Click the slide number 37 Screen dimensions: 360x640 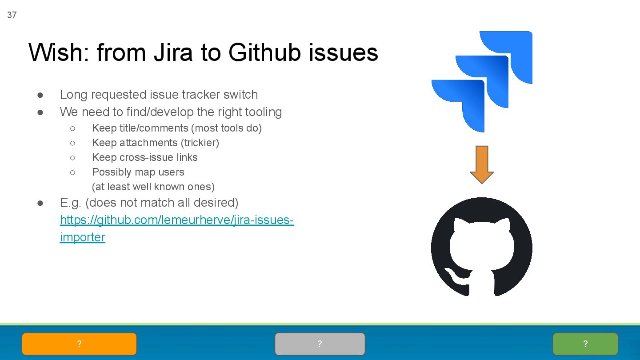[x=12, y=15]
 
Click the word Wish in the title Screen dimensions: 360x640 [x=56, y=52]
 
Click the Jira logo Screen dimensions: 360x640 [x=482, y=81]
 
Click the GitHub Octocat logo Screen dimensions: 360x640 [x=482, y=247]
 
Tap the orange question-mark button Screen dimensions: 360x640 [x=79, y=344]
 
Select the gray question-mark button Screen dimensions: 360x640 [x=320, y=344]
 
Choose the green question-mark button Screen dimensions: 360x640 [x=585, y=344]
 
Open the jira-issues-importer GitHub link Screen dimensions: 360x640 [x=177, y=220]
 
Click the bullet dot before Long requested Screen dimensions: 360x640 [x=40, y=95]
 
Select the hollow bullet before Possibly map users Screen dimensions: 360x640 [x=72, y=172]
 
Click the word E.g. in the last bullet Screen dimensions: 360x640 [x=71, y=203]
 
